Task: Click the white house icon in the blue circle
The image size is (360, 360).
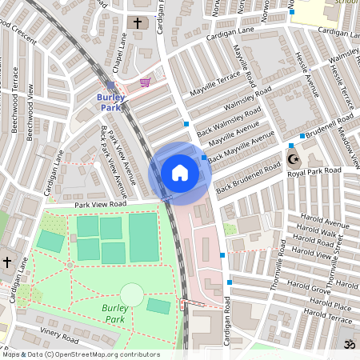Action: [x=180, y=172]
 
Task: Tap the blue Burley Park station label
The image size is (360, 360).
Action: [x=111, y=102]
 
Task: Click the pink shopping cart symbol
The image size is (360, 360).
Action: [x=145, y=82]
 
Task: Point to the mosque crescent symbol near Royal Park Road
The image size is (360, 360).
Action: [x=291, y=159]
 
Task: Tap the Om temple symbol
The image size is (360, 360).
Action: [x=348, y=344]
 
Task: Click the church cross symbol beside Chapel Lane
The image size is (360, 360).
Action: [x=137, y=23]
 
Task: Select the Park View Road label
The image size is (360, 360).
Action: [x=102, y=206]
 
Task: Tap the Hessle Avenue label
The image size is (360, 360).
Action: [x=308, y=76]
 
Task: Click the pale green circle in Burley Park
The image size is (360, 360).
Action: [x=132, y=294]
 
